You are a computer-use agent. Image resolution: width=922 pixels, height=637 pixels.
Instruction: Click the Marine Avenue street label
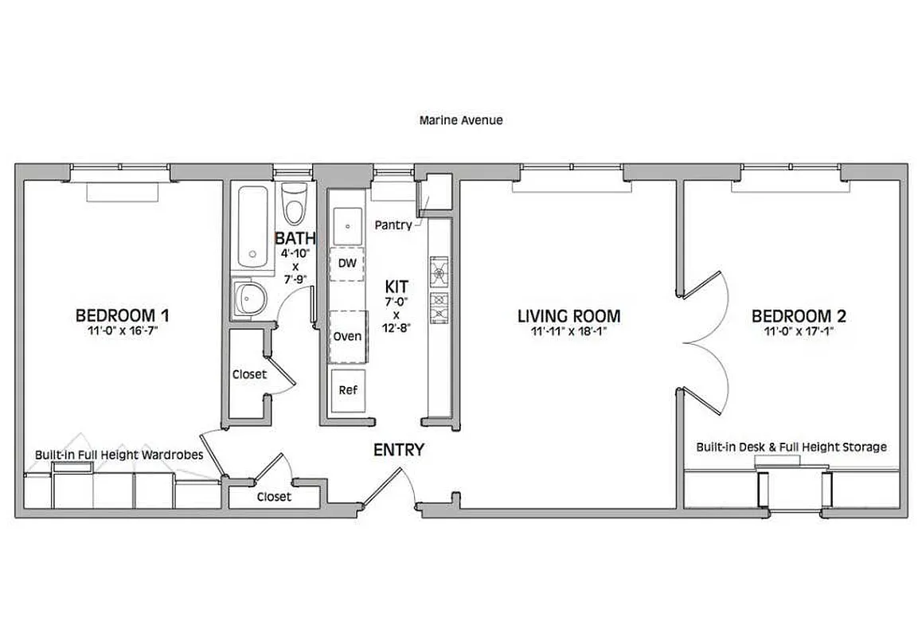click(461, 121)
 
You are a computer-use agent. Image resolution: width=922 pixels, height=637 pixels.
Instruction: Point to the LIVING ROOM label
click(568, 316)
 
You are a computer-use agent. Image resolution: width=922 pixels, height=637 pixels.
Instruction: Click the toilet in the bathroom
click(294, 205)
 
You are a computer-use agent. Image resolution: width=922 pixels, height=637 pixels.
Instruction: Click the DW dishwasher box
click(346, 263)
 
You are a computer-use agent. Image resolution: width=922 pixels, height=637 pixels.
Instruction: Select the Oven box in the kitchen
click(346, 335)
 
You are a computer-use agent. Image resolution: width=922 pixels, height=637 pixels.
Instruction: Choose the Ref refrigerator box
click(347, 390)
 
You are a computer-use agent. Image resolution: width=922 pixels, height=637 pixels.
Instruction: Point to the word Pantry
click(393, 225)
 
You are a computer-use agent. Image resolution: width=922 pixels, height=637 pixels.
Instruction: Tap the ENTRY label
click(399, 450)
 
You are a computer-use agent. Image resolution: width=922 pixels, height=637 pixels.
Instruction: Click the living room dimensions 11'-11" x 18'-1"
click(568, 332)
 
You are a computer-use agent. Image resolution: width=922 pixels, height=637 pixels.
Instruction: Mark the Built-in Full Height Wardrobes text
click(119, 455)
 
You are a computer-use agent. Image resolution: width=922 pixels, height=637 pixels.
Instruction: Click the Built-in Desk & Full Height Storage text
click(791, 447)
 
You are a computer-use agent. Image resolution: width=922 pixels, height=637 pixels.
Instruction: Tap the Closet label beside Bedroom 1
click(249, 373)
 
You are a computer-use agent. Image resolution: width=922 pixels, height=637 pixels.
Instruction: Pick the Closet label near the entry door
click(274, 497)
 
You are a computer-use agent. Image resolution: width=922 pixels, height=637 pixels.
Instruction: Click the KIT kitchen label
click(397, 286)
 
